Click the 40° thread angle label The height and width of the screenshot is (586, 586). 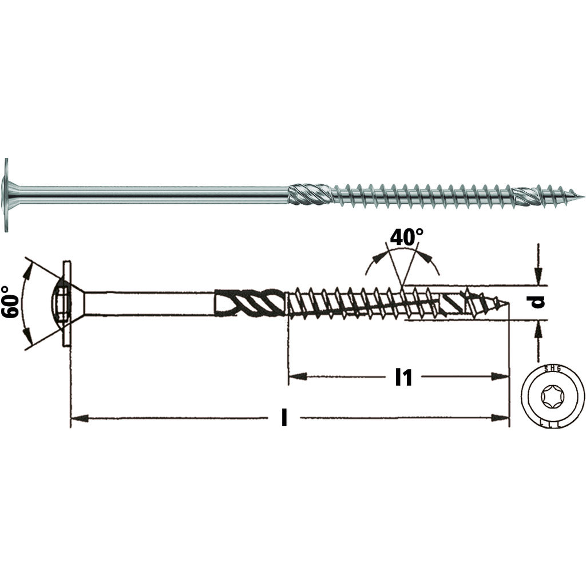[407, 237]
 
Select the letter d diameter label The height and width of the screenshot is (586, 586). [538, 302]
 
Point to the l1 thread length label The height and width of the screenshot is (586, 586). [403, 377]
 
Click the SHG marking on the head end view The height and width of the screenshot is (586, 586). [553, 370]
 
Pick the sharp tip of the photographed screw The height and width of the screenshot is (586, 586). [581, 197]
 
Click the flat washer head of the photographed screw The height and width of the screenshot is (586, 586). [6, 195]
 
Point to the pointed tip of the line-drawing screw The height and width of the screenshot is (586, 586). [507, 303]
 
